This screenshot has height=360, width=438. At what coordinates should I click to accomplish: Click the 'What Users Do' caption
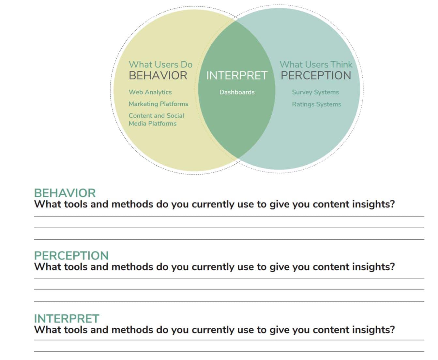160,64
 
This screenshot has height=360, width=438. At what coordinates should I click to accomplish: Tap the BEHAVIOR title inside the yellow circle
158,75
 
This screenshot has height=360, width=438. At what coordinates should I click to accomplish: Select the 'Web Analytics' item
150,92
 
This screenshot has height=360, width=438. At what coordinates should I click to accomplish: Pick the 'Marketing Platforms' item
159,104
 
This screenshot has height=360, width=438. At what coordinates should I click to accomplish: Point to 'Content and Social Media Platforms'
157,120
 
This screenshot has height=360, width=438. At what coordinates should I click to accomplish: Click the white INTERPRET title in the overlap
237,75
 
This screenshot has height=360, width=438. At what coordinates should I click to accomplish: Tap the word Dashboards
237,92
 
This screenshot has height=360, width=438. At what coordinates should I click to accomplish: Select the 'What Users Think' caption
316,64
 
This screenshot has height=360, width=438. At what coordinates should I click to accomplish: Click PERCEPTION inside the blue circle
316,75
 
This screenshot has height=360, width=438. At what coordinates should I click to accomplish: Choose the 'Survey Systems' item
315,92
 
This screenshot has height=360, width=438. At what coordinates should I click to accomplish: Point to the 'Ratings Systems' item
316,104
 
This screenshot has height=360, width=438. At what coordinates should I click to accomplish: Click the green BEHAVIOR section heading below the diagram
65,193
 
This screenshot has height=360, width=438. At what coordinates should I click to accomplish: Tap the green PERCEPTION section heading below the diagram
71,256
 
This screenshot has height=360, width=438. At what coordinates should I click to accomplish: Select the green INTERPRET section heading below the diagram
67,319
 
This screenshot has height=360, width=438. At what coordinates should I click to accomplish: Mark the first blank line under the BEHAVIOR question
229,216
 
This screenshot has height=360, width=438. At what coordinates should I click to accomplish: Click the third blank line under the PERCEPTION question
229,301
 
